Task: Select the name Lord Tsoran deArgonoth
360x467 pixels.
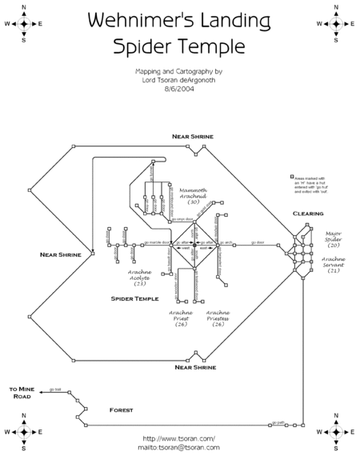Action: point(179,80)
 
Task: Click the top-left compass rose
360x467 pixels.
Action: point(25,23)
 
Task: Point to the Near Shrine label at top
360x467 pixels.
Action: point(193,137)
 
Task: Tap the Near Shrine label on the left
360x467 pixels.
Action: point(60,254)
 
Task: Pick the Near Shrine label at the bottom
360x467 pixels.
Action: point(194,367)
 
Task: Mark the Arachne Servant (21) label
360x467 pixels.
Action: point(334,265)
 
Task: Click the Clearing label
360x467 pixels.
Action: point(308,214)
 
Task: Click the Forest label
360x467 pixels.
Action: point(121,409)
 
